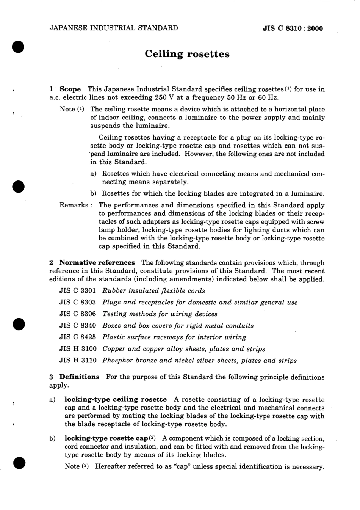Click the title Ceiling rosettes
[187, 54]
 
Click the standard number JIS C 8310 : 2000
[293, 28]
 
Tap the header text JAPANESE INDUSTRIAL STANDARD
[113, 28]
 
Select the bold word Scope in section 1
[70, 89]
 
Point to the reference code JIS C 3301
[78, 291]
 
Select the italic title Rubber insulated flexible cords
[154, 291]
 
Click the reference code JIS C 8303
[78, 303]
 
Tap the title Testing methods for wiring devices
[160, 314]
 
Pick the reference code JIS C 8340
[78, 326]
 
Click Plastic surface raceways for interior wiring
[174, 337]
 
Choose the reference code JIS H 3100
[78, 349]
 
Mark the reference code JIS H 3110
[78, 361]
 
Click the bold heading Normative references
[97, 263]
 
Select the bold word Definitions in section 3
[79, 377]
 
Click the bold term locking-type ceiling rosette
[116, 399]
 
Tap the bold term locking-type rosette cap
[106, 438]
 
